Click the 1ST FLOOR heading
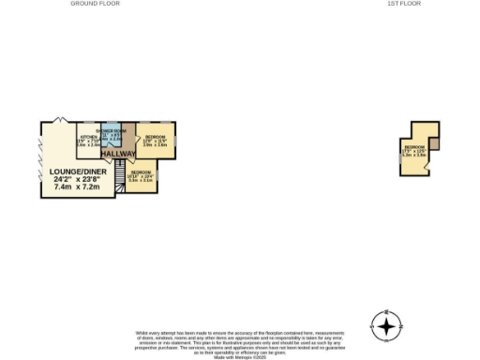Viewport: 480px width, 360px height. [x=404, y=4]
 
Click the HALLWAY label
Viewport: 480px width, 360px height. [x=118, y=154]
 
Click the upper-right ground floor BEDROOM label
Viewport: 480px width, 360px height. [x=155, y=137]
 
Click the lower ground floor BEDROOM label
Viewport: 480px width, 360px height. [x=141, y=172]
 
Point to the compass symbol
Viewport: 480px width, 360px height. [x=385, y=325]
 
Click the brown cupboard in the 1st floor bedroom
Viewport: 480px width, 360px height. [x=434, y=143]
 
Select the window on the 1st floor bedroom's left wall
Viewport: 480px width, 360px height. [x=400, y=160]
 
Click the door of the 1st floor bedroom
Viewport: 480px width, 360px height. [x=425, y=167]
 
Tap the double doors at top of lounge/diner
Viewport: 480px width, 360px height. [x=60, y=121]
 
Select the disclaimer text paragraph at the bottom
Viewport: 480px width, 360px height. [x=239, y=341]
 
